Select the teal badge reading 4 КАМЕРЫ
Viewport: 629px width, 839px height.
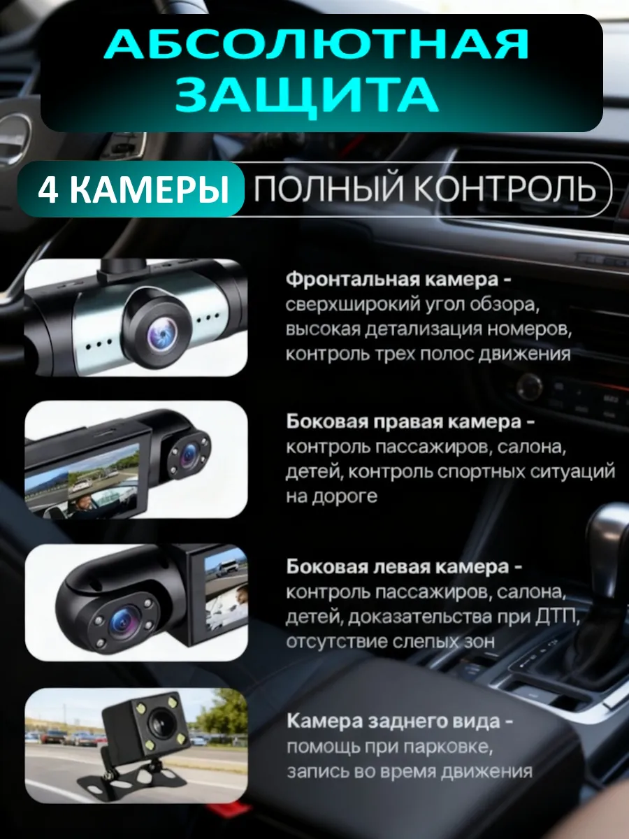pos(131,189)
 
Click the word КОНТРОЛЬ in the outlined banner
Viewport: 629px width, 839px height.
pos(505,189)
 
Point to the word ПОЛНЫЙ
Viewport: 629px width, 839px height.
pos(329,189)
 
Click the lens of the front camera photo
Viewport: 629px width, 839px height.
pos(163,335)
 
